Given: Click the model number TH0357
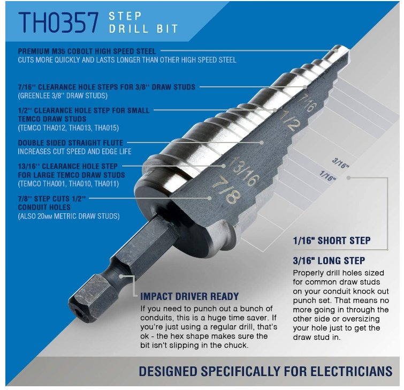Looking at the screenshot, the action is (58, 22).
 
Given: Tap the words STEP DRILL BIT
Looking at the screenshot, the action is (143, 22).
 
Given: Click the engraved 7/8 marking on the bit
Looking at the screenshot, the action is (226, 190).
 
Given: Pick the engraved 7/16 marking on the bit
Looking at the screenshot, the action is (307, 103).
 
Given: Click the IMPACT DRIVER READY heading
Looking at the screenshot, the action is (189, 297).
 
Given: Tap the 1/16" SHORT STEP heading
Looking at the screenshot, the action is (332, 241).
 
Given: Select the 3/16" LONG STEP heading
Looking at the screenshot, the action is (329, 261).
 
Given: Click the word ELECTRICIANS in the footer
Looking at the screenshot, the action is (338, 371).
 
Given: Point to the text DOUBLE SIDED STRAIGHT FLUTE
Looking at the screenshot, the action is (71, 142).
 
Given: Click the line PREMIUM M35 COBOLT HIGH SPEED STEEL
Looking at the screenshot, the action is (87, 51).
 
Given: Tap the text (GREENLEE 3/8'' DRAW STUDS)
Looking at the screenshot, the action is (63, 96).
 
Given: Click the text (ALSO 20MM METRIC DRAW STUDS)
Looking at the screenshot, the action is (69, 216).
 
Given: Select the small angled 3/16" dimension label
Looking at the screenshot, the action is (340, 163).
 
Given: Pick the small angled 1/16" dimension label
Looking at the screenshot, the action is (327, 176).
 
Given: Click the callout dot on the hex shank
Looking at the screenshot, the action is (121, 276).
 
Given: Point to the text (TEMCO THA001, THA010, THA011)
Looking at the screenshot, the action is (68, 184).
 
